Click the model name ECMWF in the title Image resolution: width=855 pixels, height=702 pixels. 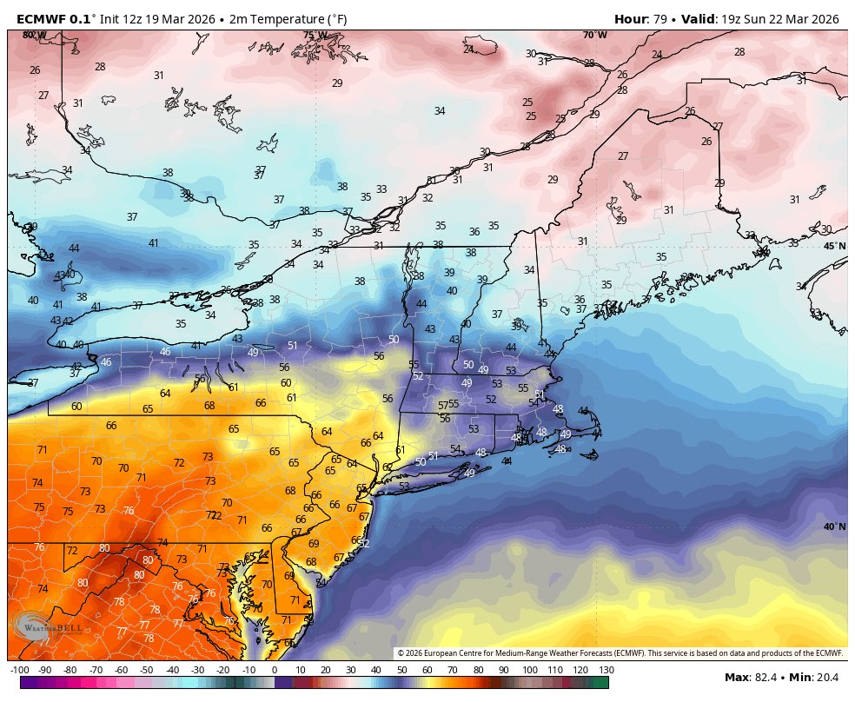[41, 18]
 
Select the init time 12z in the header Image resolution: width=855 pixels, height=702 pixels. [143, 18]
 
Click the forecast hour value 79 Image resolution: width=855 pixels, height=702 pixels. [658, 18]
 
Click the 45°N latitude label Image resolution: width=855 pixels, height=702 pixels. [834, 246]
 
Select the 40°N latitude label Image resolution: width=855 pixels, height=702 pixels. [834, 526]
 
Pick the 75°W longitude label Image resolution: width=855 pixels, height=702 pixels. [315, 36]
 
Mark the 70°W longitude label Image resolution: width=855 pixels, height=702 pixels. [595, 35]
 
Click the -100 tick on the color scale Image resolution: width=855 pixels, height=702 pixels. [21, 670]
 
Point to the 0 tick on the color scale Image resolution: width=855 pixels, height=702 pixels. [275, 670]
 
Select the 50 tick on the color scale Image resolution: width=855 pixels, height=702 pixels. [401, 670]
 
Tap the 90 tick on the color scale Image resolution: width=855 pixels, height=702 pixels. [503, 670]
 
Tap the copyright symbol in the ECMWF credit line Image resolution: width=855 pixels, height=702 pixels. [401, 652]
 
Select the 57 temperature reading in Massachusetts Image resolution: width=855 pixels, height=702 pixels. [442, 406]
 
